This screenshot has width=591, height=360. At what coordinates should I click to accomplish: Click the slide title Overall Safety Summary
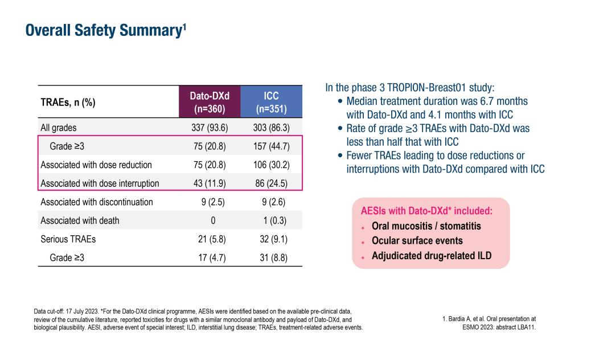coord(106,31)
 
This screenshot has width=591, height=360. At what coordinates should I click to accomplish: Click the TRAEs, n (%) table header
coord(68,103)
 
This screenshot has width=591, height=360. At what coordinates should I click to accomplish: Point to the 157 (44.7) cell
coord(271,146)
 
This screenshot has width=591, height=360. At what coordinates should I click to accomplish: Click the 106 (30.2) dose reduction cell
coord(271,165)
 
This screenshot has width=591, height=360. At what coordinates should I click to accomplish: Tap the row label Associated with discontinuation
coord(97,202)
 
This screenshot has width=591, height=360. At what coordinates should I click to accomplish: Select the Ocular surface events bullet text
coord(417,241)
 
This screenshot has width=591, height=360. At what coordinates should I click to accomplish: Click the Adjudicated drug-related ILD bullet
coord(431,256)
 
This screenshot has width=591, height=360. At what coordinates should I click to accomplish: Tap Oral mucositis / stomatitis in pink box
coord(426,226)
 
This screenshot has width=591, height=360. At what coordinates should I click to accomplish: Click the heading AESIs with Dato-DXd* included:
coord(426,211)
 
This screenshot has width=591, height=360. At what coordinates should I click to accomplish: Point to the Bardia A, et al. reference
coord(489,322)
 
